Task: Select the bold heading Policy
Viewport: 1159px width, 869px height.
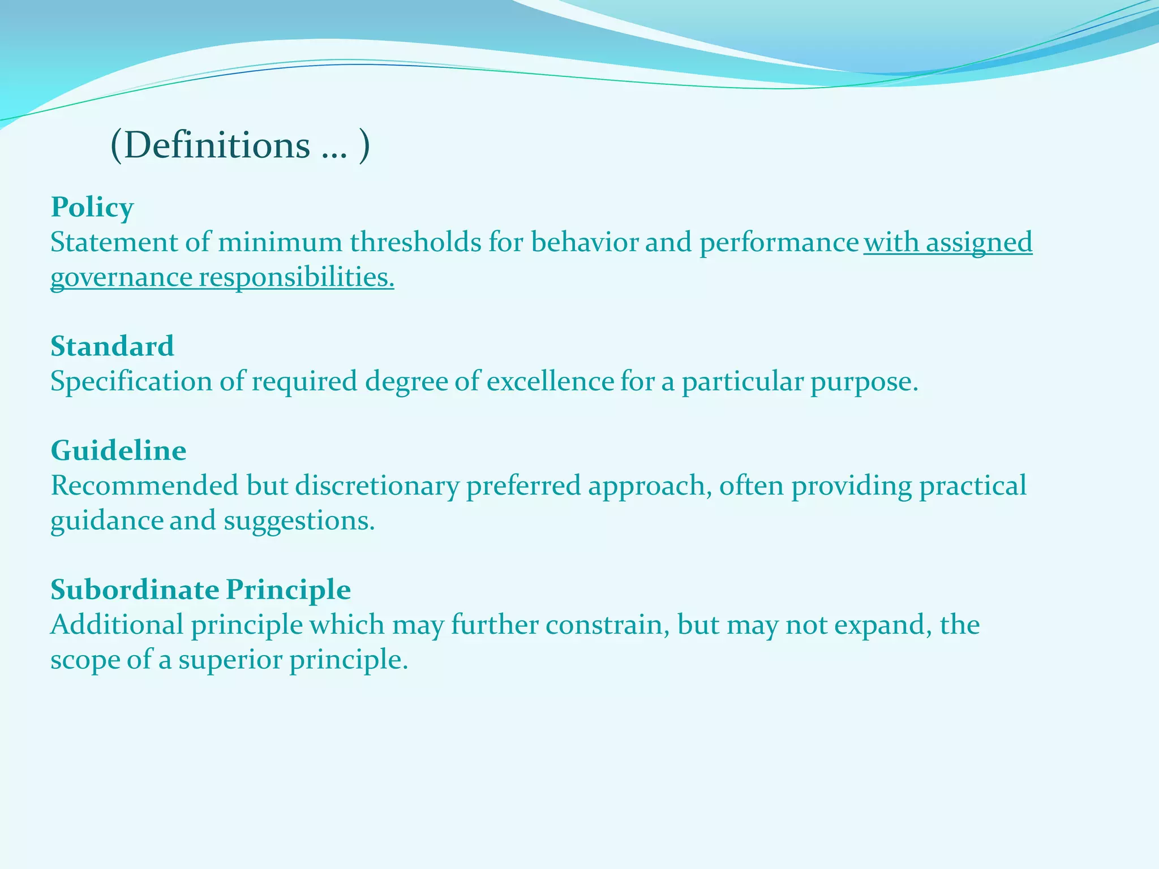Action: (92, 207)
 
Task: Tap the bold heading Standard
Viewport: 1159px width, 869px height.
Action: (112, 346)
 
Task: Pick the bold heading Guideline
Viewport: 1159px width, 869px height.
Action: (118, 451)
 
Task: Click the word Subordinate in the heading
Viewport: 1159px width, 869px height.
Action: (135, 590)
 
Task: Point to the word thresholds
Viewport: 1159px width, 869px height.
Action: (415, 243)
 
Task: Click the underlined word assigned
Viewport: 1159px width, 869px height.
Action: (978, 243)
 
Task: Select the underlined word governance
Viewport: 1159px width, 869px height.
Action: (121, 278)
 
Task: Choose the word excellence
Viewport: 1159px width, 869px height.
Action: (550, 381)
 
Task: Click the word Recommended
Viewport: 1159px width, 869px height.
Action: (144, 486)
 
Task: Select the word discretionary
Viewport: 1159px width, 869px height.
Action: (377, 486)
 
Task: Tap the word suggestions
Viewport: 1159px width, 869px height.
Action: (299, 521)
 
